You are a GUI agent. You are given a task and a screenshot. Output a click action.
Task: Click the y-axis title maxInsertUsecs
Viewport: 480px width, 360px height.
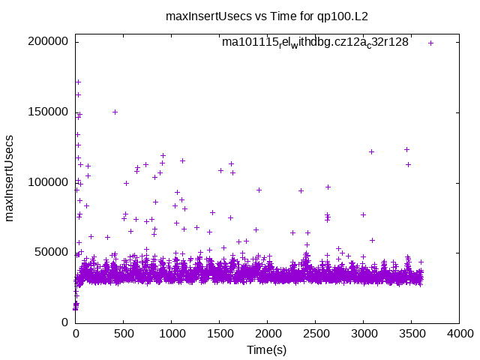(10, 178)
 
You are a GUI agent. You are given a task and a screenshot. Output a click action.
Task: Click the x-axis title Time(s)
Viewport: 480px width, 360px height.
(267, 349)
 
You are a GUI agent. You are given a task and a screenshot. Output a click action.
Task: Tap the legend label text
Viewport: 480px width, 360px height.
(315, 42)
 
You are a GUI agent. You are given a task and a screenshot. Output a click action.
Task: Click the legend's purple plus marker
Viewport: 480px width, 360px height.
(431, 43)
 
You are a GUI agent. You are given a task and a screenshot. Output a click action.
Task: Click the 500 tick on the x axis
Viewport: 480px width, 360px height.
(124, 334)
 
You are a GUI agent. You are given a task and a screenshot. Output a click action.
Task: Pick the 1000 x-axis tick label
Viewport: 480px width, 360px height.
(172, 334)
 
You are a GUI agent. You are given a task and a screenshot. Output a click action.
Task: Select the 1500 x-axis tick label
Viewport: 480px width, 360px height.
(220, 334)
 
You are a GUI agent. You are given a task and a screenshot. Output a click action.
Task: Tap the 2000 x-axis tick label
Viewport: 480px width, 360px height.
(268, 334)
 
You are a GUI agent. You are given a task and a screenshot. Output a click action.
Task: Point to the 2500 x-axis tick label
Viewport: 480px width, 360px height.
(316, 334)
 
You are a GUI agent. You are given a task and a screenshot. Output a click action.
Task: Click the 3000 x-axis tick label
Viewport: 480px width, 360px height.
(364, 334)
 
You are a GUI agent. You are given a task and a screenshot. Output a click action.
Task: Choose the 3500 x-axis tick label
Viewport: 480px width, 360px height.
(412, 334)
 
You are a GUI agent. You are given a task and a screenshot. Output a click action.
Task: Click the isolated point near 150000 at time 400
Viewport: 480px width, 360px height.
(115, 112)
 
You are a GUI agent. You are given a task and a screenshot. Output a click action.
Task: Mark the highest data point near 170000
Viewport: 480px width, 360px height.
(78, 82)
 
